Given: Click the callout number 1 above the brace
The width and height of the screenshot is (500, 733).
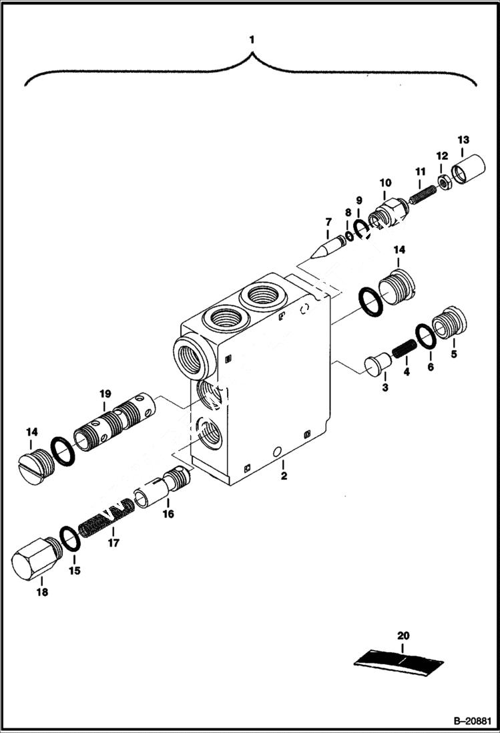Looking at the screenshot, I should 251,40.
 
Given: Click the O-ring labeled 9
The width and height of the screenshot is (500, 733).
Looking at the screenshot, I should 360,229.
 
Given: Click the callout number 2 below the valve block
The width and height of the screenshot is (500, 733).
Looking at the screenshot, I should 284,476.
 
